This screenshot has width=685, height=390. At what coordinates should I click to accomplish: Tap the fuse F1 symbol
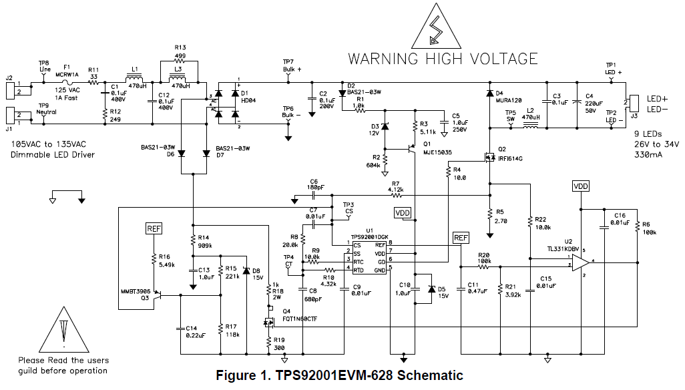pyautogui.click(x=67, y=84)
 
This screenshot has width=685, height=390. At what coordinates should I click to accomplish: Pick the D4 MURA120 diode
pyautogui.click(x=490, y=94)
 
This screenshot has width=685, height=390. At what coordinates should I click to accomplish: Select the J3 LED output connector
pyautogui.click(x=634, y=103)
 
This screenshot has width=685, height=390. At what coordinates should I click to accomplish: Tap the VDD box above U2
pyautogui.click(x=581, y=186)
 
